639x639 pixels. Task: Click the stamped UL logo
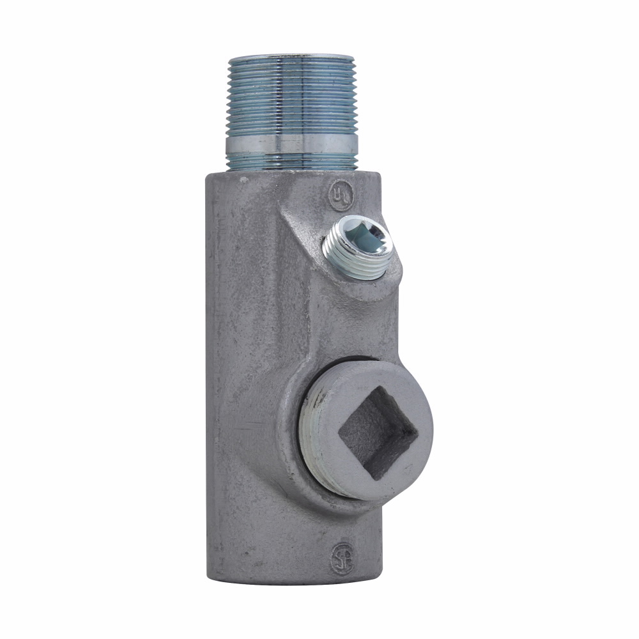[x=340, y=196]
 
